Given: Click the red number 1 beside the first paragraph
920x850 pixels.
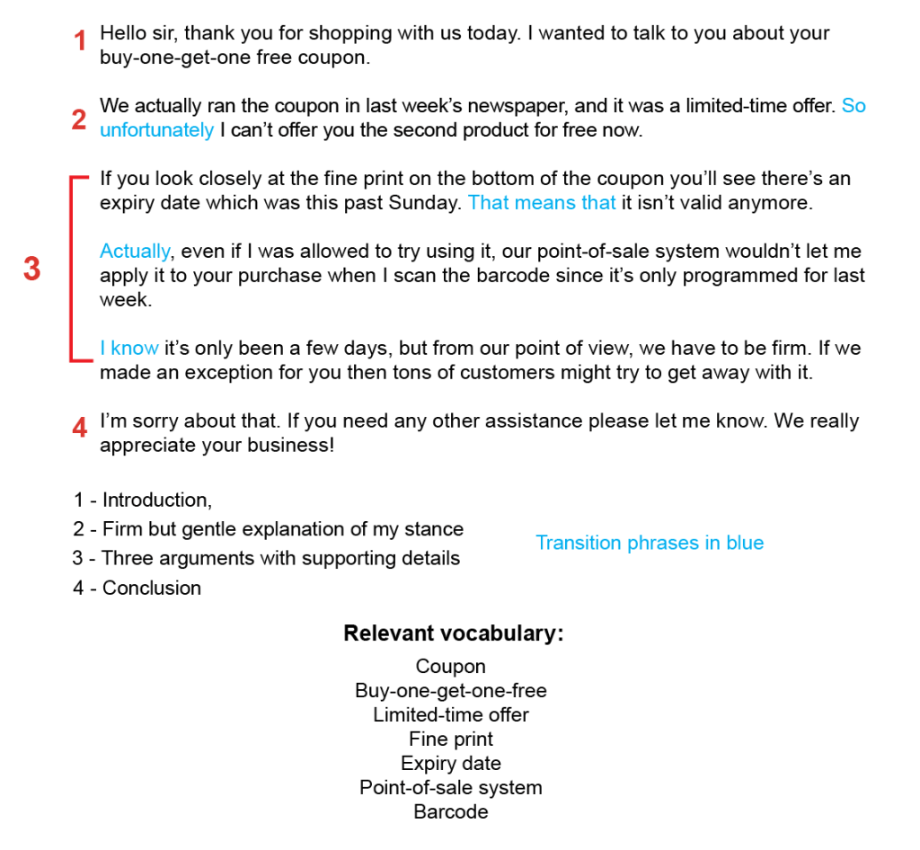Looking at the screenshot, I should click(x=80, y=41).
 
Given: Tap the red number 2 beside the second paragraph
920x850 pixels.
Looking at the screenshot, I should click(x=79, y=120).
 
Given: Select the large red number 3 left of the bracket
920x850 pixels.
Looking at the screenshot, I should click(x=32, y=269).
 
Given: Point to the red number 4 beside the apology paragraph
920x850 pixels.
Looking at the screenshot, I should click(x=80, y=429).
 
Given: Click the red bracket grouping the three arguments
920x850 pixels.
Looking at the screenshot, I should click(x=71, y=270).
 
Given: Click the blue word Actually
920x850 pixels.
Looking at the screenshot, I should click(x=135, y=252).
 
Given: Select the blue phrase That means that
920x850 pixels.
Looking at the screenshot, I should click(x=542, y=203).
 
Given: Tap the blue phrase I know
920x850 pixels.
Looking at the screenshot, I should click(x=129, y=349).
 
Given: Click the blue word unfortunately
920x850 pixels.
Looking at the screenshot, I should click(x=156, y=130).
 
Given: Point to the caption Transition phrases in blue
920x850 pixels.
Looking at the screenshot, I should click(x=650, y=543).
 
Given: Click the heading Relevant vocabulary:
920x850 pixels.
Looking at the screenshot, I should click(x=454, y=633).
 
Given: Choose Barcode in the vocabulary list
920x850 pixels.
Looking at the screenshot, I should click(x=451, y=812).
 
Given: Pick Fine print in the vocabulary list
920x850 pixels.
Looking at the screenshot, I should click(x=451, y=739).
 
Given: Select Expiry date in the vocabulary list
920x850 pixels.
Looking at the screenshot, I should click(x=451, y=764).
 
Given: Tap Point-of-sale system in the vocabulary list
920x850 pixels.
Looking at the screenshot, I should click(x=451, y=788).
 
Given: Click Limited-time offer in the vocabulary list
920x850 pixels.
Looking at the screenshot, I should click(x=451, y=715).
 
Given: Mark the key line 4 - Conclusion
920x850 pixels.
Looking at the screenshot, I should click(x=137, y=589).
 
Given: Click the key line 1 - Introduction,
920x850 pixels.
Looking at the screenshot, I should click(x=143, y=500).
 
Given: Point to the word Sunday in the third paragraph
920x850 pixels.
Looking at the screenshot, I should click(x=425, y=203).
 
